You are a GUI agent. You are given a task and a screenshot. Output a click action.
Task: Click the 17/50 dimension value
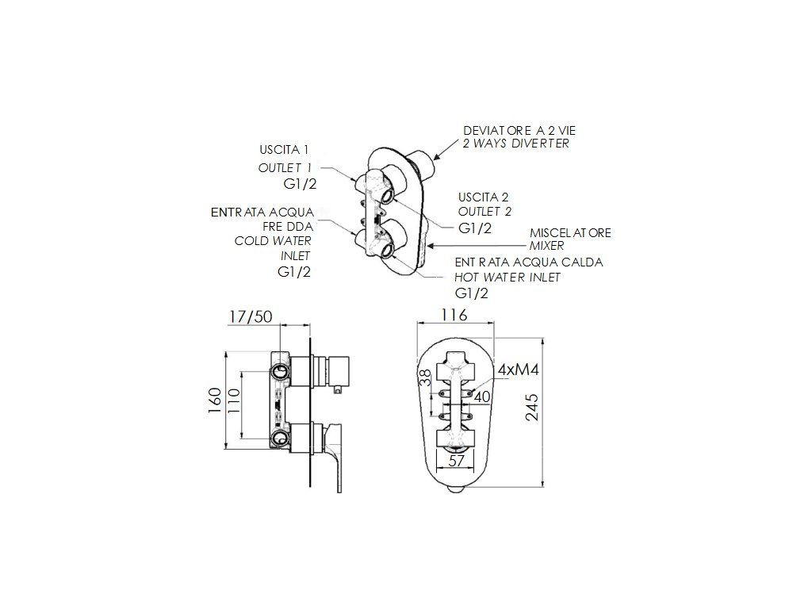[250, 316]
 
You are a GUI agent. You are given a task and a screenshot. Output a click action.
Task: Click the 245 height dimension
[532, 407]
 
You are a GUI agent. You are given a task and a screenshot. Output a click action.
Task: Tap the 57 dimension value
[457, 461]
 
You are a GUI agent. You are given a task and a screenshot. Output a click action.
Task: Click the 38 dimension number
[425, 378]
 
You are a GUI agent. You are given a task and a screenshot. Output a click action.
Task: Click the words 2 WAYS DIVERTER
[516, 144]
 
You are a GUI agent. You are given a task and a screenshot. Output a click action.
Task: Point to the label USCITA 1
[284, 149]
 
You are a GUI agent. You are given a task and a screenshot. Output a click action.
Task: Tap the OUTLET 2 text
[485, 212]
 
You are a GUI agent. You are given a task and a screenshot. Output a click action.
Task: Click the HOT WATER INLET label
[507, 278]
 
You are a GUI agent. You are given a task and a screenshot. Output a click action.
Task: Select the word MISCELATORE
[570, 232]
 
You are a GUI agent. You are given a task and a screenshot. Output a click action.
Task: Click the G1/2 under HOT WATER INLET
[471, 293]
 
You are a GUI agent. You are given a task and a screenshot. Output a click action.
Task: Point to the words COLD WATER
[273, 241]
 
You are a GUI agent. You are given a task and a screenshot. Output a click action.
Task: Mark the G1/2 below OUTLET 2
[476, 228]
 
